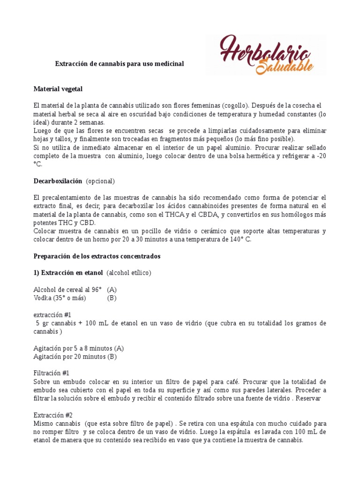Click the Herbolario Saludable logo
[266, 54]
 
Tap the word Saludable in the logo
[285, 65]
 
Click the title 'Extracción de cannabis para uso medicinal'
[120, 63]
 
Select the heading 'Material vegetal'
[58, 89]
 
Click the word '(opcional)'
[100, 181]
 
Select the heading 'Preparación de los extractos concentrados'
[97, 256]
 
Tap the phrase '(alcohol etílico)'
[129, 273]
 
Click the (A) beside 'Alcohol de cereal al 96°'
[112, 290]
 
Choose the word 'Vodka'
[43, 298]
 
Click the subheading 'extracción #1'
[52, 315]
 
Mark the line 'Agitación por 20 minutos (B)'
[75, 356]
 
